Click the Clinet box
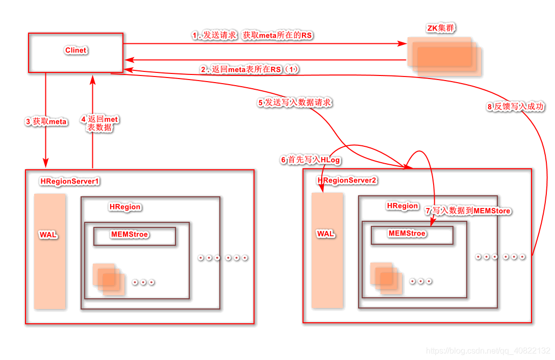pyautogui.click(x=75, y=53)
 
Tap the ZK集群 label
pyautogui.click(x=441, y=28)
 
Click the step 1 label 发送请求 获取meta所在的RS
pyautogui.click(x=252, y=35)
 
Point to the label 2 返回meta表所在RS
pyautogui.click(x=250, y=69)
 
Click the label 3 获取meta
pyautogui.click(x=46, y=122)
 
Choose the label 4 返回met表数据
pyautogui.click(x=99, y=123)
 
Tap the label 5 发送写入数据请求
pyautogui.click(x=295, y=102)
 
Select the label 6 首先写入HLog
pyautogui.click(x=310, y=160)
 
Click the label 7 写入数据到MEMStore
pyautogui.click(x=468, y=211)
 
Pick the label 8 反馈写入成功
pyautogui.click(x=515, y=107)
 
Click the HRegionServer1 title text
pyautogui.click(x=70, y=181)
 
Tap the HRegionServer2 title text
pyautogui.click(x=347, y=180)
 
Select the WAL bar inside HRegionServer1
pyautogui.click(x=49, y=251)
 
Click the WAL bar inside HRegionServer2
pyautogui.click(x=327, y=250)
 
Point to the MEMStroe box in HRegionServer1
pyautogui.click(x=135, y=236)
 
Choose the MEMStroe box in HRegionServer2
pyautogui.click(x=412, y=235)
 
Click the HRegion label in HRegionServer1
pyautogui.click(x=125, y=207)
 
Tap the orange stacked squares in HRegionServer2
pyautogui.click(x=386, y=277)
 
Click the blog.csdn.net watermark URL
pyautogui.click(x=488, y=351)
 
